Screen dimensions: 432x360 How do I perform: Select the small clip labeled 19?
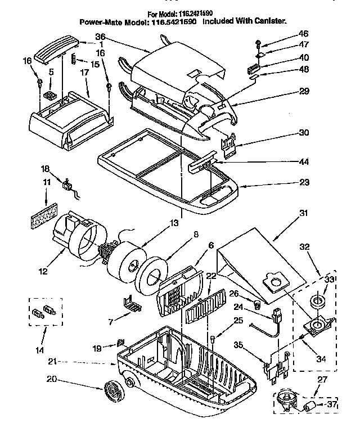(x=120, y=343)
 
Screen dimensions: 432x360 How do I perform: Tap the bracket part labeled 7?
(x=134, y=304)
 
